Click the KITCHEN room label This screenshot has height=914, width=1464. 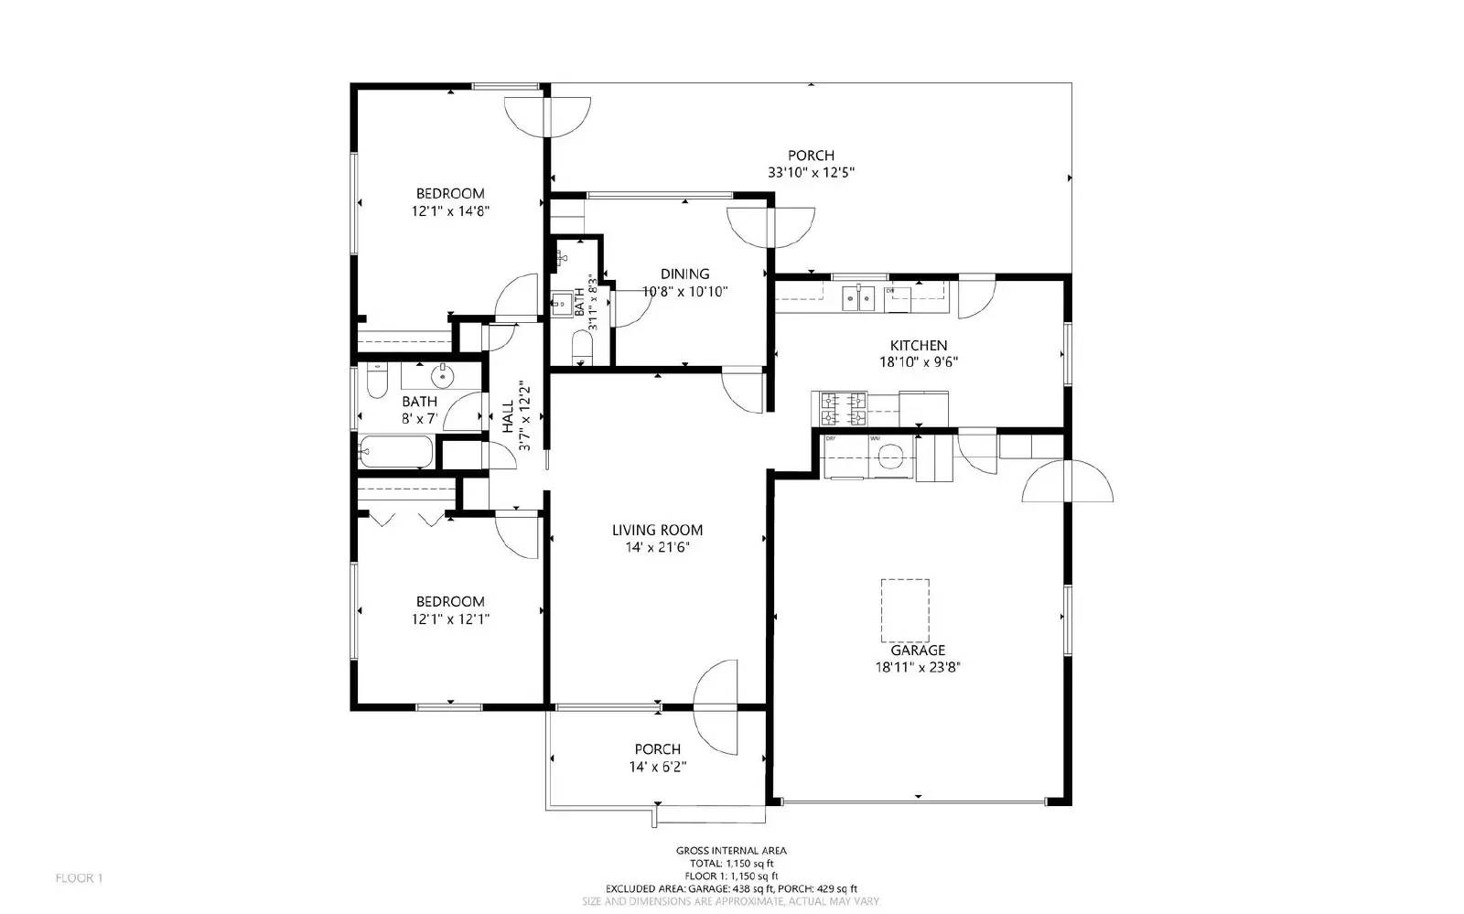pyautogui.click(x=918, y=345)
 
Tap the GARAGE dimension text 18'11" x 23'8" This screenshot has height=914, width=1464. pyautogui.click(x=917, y=667)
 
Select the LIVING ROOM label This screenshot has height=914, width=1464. pyautogui.click(x=657, y=530)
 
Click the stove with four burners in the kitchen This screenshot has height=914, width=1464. pyautogui.click(x=843, y=408)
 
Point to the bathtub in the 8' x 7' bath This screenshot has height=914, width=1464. pyautogui.click(x=396, y=452)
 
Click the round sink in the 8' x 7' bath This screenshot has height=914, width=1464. pyautogui.click(x=443, y=375)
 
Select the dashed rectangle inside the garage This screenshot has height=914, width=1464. pyautogui.click(x=905, y=610)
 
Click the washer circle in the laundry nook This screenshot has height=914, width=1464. pyautogui.click(x=889, y=457)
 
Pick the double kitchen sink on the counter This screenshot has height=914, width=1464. pyautogui.click(x=857, y=297)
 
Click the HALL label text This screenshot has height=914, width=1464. pyautogui.click(x=508, y=416)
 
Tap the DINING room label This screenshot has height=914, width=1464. pyautogui.click(x=684, y=274)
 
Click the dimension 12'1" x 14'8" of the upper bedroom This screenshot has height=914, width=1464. pyautogui.click(x=450, y=210)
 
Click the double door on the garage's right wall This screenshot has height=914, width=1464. pyautogui.click(x=1067, y=482)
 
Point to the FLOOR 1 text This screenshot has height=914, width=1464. pyautogui.click(x=79, y=878)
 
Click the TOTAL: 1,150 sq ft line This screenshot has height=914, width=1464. pyautogui.click(x=731, y=863)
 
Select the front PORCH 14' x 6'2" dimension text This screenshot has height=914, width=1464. pyautogui.click(x=657, y=767)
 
